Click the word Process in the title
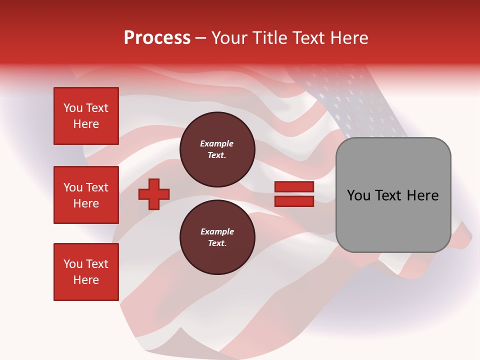(x=157, y=38)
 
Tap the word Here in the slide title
(x=348, y=38)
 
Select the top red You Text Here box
(x=86, y=116)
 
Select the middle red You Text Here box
(x=86, y=195)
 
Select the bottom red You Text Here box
(x=86, y=272)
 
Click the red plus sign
(x=154, y=194)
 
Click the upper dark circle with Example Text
(x=217, y=149)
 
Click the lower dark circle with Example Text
(x=217, y=237)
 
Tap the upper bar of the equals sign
(x=294, y=187)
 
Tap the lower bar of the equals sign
(x=294, y=201)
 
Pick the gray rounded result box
(x=393, y=195)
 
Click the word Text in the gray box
(x=388, y=195)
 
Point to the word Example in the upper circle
(x=217, y=144)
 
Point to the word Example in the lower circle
(x=217, y=232)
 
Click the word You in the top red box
(x=72, y=108)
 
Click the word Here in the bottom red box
(x=86, y=280)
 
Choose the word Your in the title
(x=230, y=38)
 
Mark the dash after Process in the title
(x=200, y=38)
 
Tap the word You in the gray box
(x=358, y=195)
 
